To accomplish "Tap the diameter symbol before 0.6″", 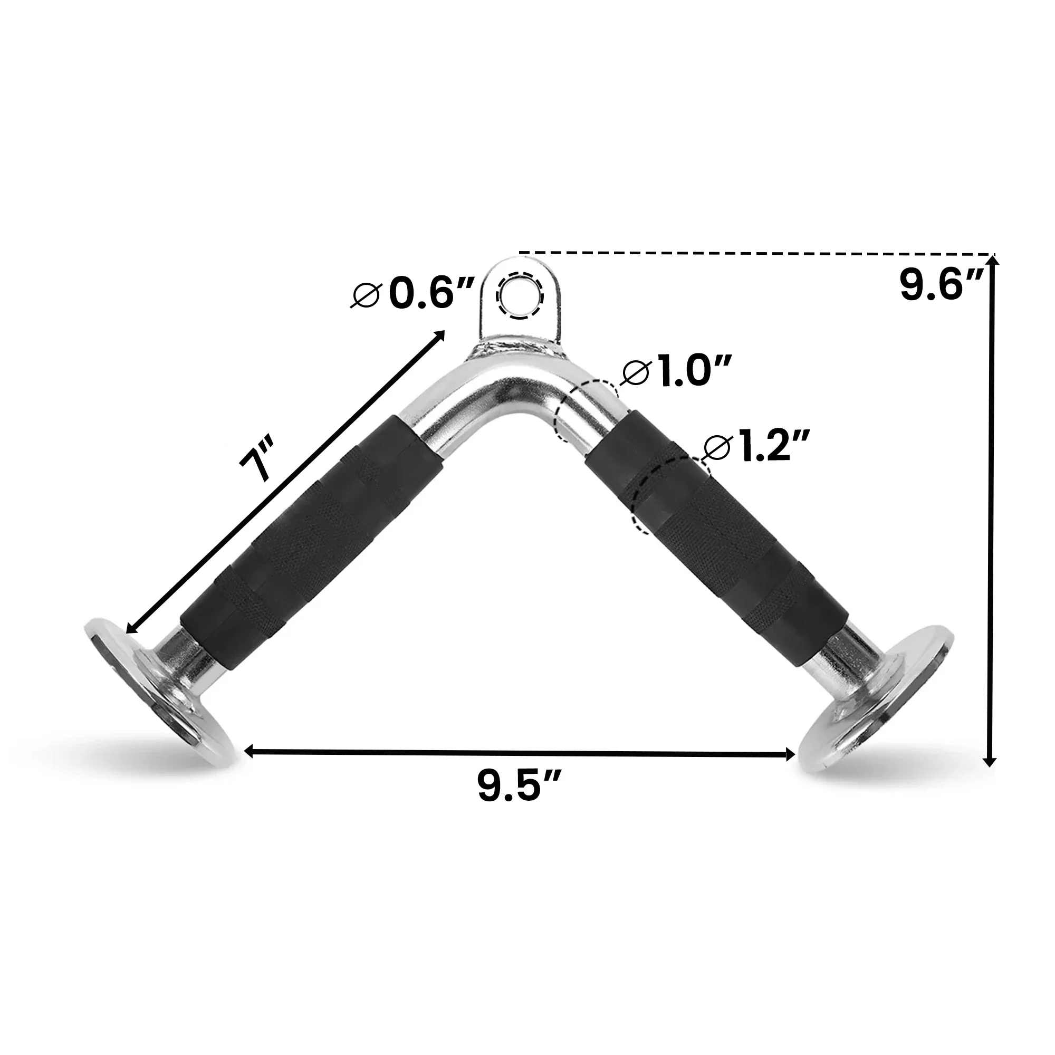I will pyautogui.click(x=366, y=296).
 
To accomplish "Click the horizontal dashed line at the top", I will pyautogui.click(x=754, y=253).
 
